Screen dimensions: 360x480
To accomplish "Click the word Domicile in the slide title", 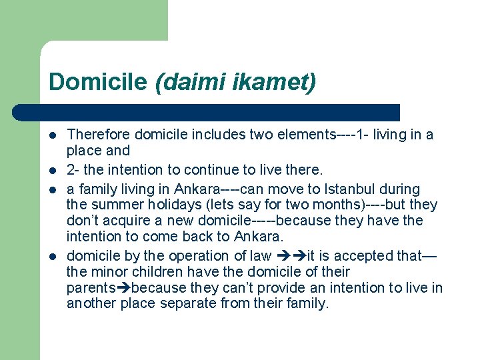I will (x=97, y=82).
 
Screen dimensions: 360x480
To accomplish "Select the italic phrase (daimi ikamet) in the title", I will (x=235, y=82).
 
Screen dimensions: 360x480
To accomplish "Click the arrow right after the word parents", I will (x=125, y=288).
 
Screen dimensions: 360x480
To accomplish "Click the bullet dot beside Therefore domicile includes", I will (x=53, y=135).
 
